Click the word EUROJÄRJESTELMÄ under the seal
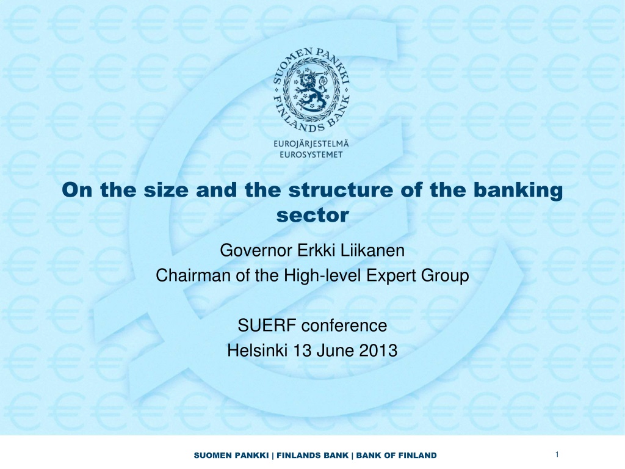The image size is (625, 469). pos(311,144)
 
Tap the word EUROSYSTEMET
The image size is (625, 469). pos(311,155)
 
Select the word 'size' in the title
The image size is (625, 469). pos(166,190)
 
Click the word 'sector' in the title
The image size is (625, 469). pos(312,216)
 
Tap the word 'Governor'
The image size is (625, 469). pos(256,250)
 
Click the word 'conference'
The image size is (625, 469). pos(344,326)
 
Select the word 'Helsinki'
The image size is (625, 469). pos(258,351)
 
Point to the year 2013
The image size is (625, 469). pos(378,351)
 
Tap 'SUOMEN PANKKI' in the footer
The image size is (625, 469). pos(231,456)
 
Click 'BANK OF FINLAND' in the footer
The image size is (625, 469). pos(396,456)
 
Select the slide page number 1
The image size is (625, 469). pos(557,454)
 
